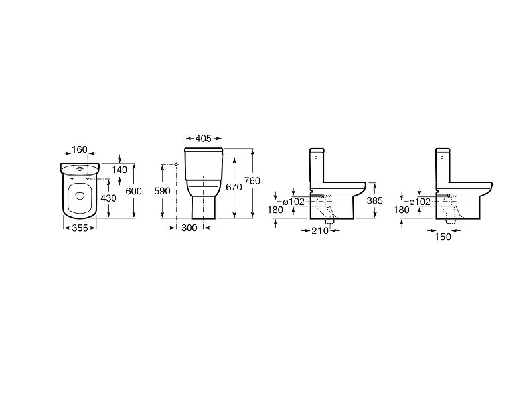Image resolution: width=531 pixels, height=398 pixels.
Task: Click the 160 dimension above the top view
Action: click(80, 149)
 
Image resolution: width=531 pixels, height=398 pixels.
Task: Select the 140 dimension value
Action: click(119, 170)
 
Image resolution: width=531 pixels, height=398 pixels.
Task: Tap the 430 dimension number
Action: click(108, 198)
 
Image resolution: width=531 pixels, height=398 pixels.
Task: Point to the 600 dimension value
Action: click(134, 191)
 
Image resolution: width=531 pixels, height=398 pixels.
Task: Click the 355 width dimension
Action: click(80, 228)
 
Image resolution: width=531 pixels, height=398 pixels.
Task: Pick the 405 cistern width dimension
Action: click(204, 138)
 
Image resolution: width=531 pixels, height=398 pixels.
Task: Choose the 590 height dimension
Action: click(162, 191)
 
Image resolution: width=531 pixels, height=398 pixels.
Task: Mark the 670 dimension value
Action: click(234, 187)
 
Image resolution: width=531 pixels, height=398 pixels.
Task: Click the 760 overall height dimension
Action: click(252, 181)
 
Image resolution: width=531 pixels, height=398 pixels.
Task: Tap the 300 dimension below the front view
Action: click(189, 228)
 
